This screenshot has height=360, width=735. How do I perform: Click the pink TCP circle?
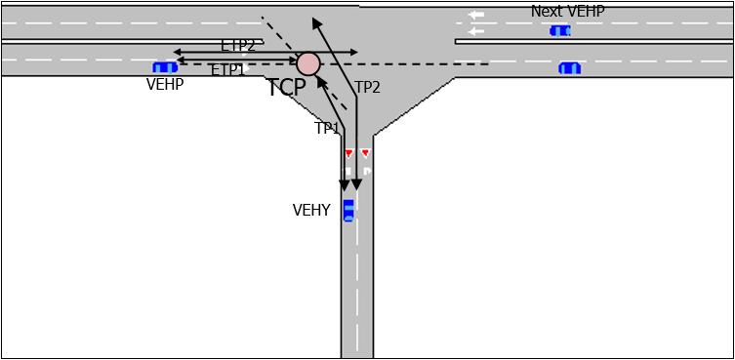[x=308, y=64]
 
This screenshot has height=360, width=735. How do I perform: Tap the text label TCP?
[x=287, y=88]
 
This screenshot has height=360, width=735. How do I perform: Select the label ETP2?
[x=238, y=45]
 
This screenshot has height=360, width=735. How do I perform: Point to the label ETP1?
[x=228, y=70]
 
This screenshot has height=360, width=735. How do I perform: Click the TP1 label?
[x=327, y=128]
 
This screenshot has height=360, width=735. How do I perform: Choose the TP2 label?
[x=367, y=87]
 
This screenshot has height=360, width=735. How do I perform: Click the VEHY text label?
[x=311, y=210]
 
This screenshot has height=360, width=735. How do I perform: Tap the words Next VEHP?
[x=567, y=11]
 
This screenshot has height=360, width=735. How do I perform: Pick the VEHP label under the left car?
[x=165, y=84]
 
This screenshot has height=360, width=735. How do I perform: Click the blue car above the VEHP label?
[x=165, y=67]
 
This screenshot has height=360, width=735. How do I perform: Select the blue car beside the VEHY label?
[x=348, y=210]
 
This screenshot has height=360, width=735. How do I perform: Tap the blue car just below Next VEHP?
[x=560, y=31]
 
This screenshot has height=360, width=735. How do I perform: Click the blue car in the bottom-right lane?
[x=569, y=68]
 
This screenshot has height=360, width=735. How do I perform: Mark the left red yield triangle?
[x=348, y=154]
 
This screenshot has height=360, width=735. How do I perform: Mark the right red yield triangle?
[x=365, y=153]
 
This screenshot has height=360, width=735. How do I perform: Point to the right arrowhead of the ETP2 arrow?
[x=354, y=52]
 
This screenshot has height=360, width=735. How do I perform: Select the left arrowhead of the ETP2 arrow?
[x=177, y=52]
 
